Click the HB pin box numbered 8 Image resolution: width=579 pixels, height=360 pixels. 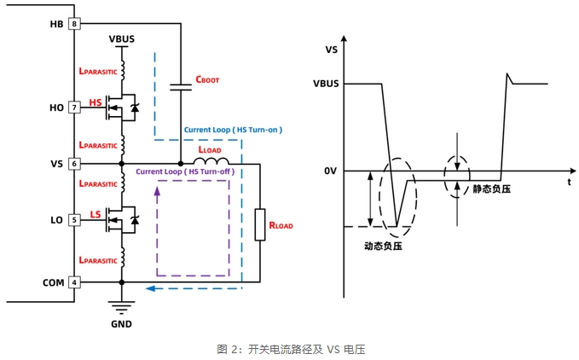point(74,24)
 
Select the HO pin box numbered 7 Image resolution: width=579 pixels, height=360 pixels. point(74,107)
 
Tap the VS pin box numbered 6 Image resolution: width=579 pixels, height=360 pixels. point(74,163)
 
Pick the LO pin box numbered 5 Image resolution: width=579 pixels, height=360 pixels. point(74,220)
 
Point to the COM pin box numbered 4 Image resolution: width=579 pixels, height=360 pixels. point(74,282)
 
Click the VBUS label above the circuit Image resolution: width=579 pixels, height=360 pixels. point(122,39)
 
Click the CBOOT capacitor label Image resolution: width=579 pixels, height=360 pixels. point(207,79)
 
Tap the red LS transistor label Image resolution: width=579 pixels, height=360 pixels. point(96,213)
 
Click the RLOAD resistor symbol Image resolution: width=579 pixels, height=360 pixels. point(259,224)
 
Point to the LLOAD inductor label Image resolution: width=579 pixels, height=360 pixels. point(208,150)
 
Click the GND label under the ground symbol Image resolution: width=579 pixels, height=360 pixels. point(122,323)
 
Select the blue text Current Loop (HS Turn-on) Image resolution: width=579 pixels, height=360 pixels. point(233,130)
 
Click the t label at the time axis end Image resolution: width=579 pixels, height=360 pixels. point(569,182)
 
